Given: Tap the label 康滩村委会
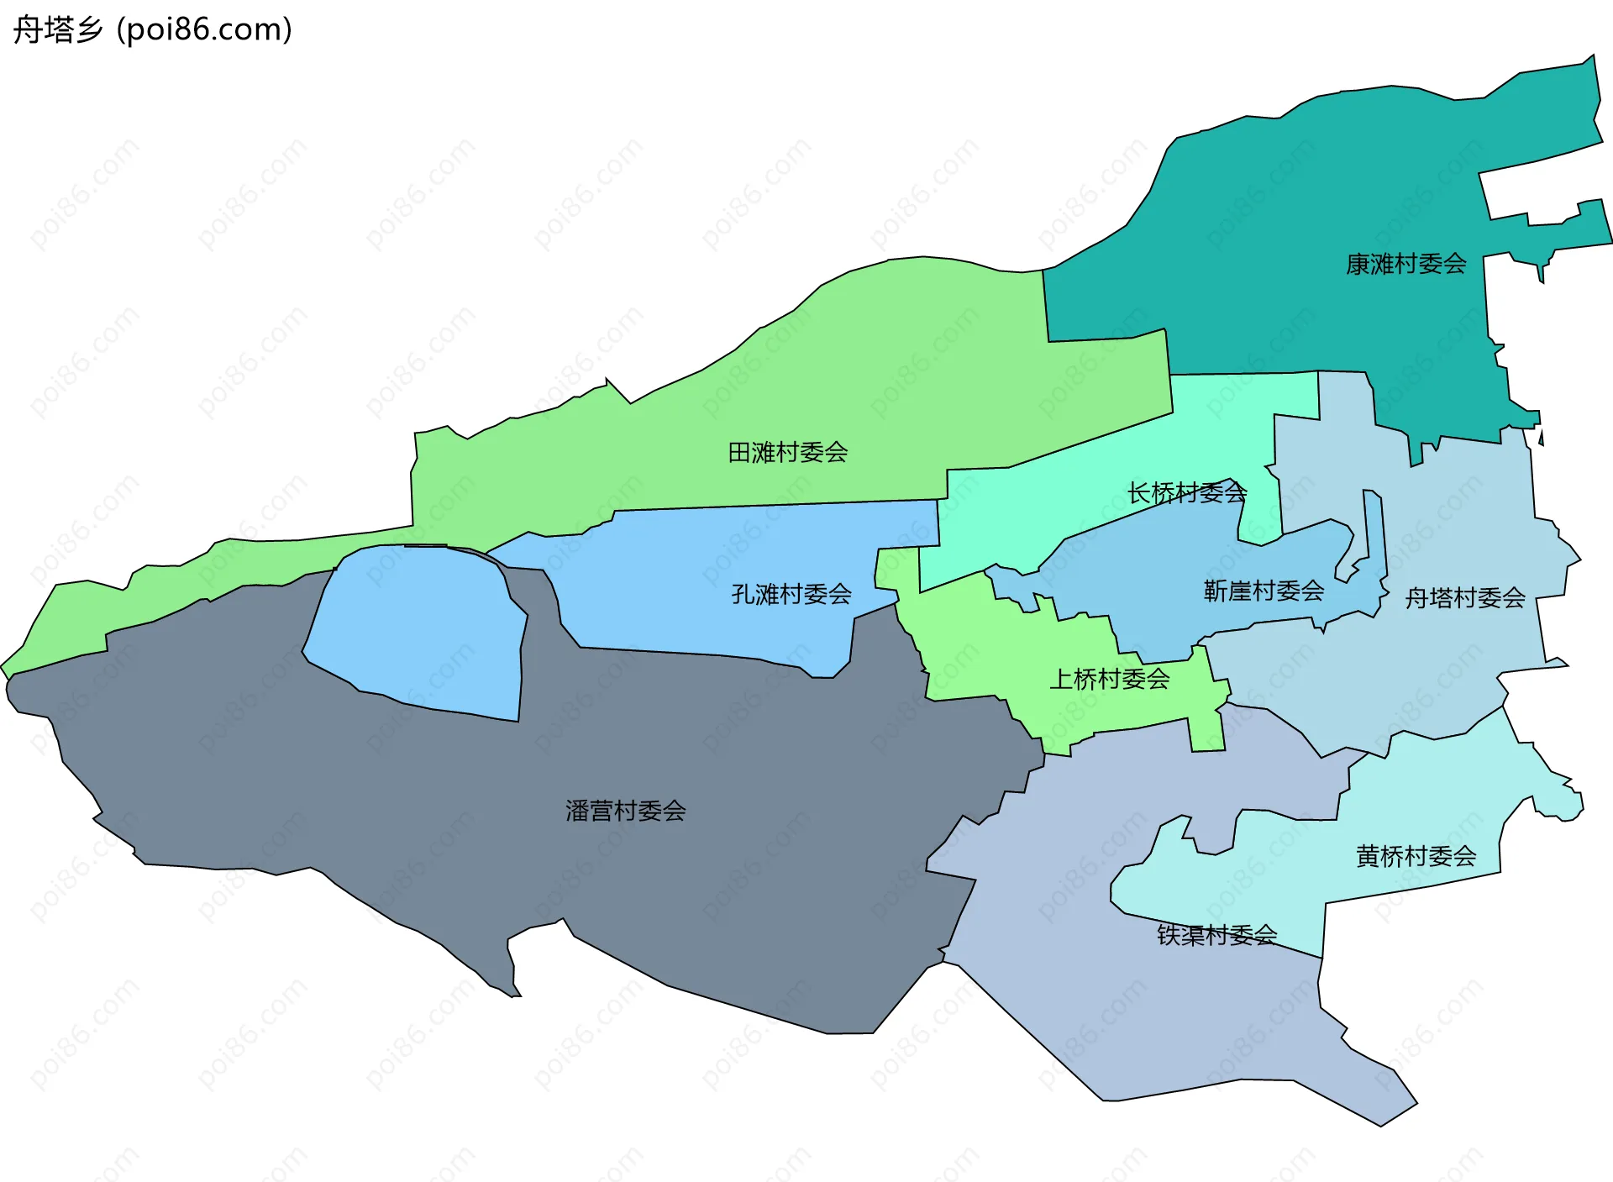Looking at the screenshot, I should point(1405,264).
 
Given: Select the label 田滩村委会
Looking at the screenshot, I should point(787,453).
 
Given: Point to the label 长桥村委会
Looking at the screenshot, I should point(1186,492).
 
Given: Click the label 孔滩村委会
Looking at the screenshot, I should point(791,595).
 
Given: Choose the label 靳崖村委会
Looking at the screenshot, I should point(1264,591).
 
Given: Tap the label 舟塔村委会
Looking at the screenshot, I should point(1465,598).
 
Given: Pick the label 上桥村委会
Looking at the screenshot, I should point(1109,679).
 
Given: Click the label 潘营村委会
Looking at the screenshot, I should point(625,811).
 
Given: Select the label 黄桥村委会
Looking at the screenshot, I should point(1416,856).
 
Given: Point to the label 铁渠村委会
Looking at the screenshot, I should point(1216,934).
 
